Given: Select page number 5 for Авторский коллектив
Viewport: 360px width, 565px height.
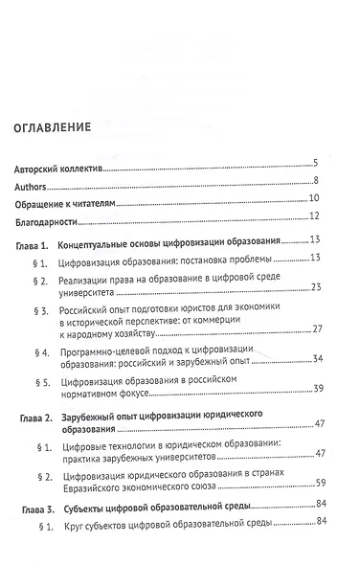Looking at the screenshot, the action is (x=327, y=163).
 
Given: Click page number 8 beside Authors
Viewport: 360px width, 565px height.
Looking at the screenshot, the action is (x=327, y=181).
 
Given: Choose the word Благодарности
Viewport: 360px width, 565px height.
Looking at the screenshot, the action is (x=48, y=217).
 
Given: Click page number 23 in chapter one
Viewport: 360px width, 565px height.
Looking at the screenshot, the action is (x=324, y=287).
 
